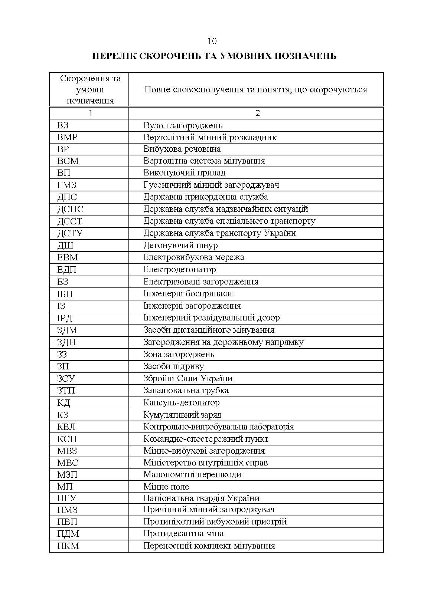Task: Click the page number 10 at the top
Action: coord(212,41)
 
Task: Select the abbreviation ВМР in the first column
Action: coord(67,137)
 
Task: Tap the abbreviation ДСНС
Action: coord(70,209)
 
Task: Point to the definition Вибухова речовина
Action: coord(182,149)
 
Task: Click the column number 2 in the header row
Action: coord(258,113)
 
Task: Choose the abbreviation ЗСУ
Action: coord(66,379)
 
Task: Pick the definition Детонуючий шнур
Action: coord(180,245)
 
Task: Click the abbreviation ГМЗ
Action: coord(67,185)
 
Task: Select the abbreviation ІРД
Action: coord(65,318)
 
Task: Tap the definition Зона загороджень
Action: coord(179,354)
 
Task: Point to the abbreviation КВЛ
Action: coord(66,427)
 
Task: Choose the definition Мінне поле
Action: coord(166,487)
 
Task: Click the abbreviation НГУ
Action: coord(67,498)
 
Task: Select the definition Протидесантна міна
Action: coord(183,534)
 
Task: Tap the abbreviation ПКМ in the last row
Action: coord(68,546)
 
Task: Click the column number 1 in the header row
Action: coord(90,113)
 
